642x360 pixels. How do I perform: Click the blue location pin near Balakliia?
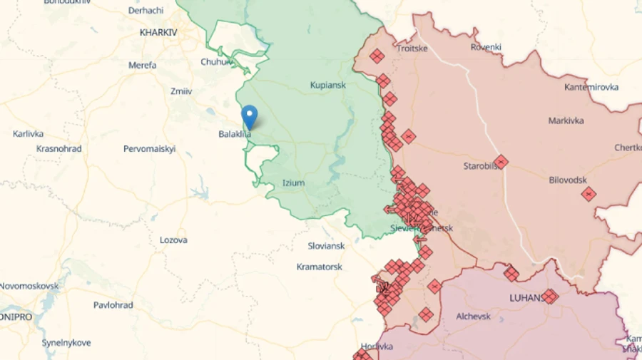[250, 115]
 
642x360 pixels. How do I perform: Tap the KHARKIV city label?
[158, 32]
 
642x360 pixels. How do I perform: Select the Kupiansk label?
[327, 85]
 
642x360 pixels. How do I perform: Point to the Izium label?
[293, 182]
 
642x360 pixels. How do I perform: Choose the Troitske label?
[412, 48]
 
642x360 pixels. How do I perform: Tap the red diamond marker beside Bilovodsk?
[588, 193]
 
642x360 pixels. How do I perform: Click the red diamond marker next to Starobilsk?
[501, 162]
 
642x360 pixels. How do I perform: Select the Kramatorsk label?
[319, 267]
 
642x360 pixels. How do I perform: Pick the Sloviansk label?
[325, 245]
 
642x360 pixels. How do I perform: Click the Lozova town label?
[173, 240]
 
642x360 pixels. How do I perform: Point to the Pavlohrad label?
[113, 304]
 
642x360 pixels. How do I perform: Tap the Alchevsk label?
[473, 316]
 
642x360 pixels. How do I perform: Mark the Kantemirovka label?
[591, 87]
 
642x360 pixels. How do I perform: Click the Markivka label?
[566, 120]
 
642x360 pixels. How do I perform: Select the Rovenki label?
[486, 47]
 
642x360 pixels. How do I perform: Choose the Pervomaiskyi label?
[149, 149]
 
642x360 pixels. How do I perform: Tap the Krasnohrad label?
[58, 149]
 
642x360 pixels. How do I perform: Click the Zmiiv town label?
[181, 91]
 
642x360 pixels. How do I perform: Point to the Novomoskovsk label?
[29, 285]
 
